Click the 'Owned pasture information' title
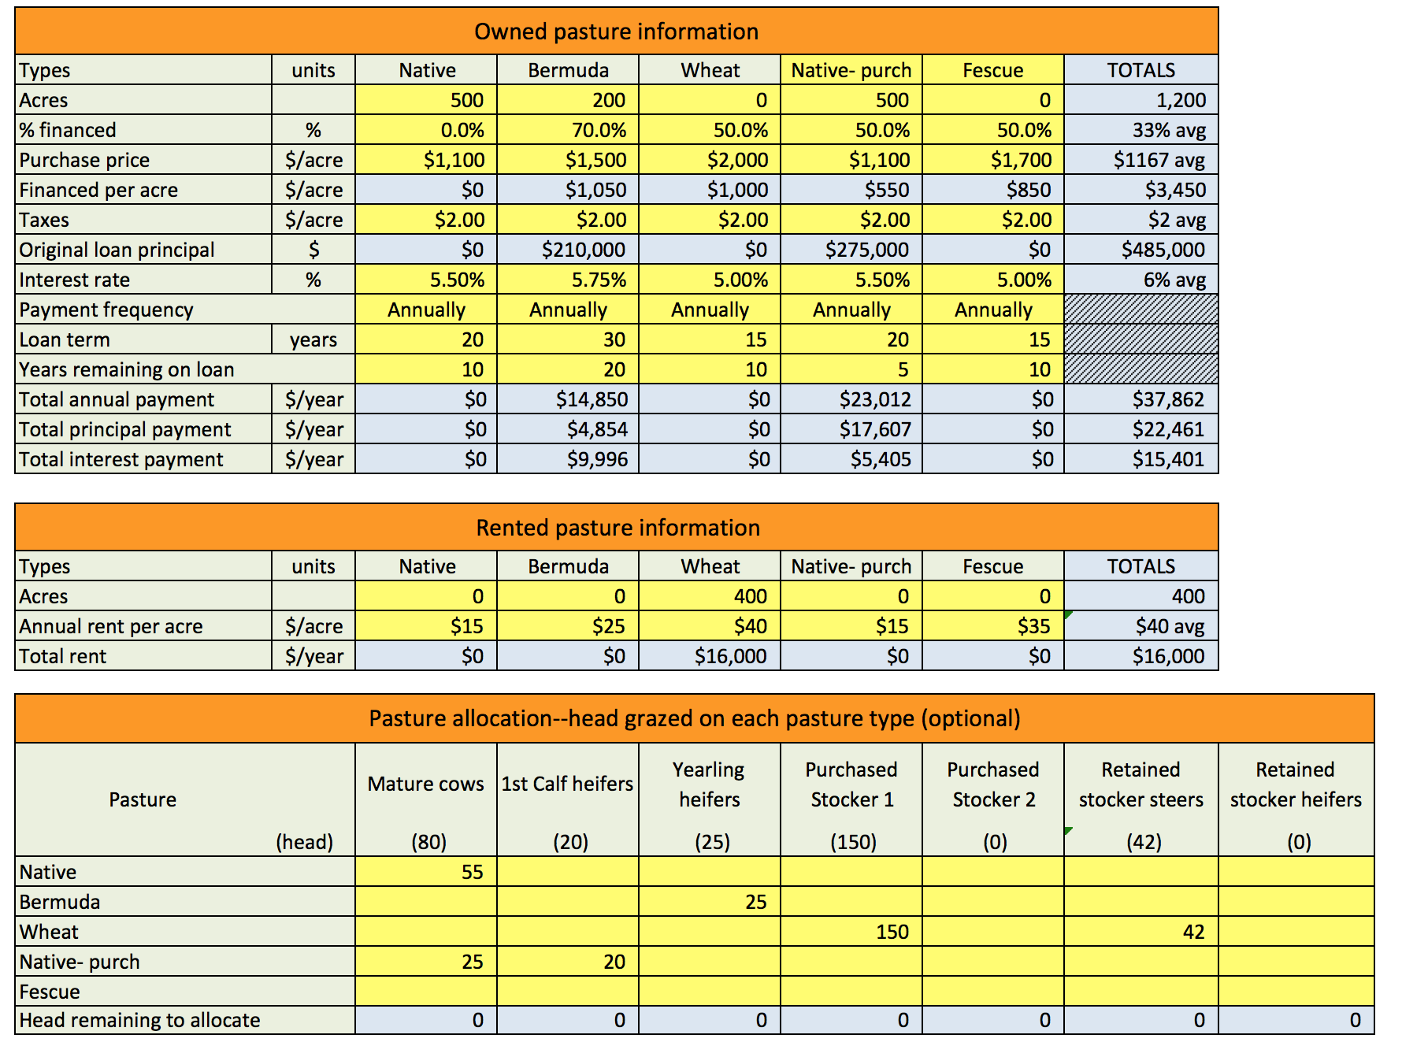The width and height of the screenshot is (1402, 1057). tap(616, 32)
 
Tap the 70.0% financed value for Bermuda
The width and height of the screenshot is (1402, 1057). tap(599, 130)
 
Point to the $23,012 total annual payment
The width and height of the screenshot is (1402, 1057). tap(874, 399)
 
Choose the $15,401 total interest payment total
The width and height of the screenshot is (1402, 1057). tap(1168, 459)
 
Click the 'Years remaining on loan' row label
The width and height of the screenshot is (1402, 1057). tap(127, 369)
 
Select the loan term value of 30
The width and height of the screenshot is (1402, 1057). tap(614, 339)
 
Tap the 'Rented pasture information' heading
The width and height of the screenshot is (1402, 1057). tap(618, 528)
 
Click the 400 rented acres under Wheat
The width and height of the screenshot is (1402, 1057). tap(750, 596)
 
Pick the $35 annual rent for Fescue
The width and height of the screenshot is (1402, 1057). tap(1033, 626)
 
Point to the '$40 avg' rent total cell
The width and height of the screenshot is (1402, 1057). tap(1170, 626)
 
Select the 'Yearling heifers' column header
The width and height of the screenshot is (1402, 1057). tap(709, 784)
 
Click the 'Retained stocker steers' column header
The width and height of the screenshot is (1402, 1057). tap(1141, 784)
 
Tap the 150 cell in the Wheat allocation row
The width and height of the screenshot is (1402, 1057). tap(892, 932)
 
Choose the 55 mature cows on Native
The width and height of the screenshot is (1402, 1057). tap(472, 872)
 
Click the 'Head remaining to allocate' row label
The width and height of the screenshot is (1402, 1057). tap(139, 1020)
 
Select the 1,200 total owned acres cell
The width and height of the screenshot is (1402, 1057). tap(1181, 100)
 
